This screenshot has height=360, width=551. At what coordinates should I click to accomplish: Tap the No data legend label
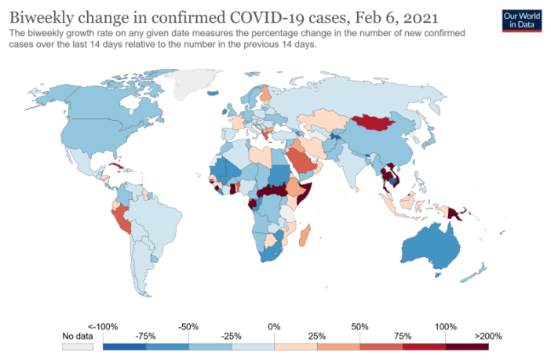77,336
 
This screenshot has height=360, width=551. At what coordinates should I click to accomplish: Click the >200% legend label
487,336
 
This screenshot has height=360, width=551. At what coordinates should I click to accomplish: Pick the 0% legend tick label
274,325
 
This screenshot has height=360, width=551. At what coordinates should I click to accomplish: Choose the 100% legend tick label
445,325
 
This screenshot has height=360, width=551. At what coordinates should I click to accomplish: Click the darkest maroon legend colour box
467,345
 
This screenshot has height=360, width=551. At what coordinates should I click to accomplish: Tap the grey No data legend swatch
78,345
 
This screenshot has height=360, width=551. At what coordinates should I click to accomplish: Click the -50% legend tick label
189,325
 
